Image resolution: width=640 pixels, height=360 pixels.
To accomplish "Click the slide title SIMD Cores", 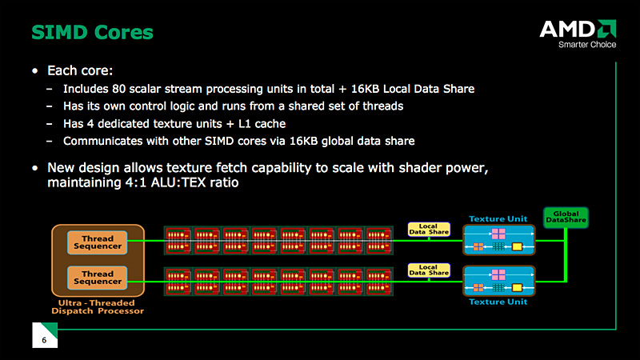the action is (92, 32).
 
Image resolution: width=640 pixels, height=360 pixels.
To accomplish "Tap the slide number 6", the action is (44, 340).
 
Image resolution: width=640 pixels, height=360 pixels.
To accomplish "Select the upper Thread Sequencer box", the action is (98, 242).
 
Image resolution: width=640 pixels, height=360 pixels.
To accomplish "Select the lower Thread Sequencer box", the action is (98, 278).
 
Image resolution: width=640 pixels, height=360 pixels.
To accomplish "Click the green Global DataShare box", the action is (566, 217).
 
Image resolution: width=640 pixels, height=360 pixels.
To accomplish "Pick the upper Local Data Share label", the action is (429, 229).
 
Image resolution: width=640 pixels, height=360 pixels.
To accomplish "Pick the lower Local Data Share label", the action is (429, 270).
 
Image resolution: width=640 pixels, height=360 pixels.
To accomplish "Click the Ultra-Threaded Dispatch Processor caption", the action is (98, 307).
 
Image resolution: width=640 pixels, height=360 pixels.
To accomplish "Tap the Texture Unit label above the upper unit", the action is (498, 218).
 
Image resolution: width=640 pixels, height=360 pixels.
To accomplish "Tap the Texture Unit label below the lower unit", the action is (498, 302).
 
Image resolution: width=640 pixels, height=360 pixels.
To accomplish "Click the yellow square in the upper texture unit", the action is (517, 246).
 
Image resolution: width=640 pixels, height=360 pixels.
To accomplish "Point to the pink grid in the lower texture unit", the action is (498, 274).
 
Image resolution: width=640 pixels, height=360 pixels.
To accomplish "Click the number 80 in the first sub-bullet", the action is (118, 89).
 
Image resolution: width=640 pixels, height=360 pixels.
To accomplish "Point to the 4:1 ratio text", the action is (135, 182).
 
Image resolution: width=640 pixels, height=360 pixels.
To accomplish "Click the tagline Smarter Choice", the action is (587, 45).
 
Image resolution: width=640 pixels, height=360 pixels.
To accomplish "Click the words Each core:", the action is (80, 70).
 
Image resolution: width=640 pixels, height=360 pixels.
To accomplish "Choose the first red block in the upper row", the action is (178, 241).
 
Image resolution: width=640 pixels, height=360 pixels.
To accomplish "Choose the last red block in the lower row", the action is (378, 282).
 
